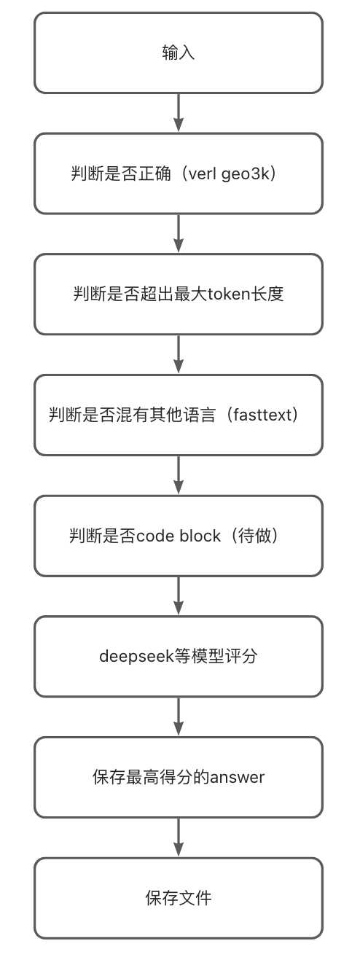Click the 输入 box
coord(179,52)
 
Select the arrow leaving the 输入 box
coord(179,112)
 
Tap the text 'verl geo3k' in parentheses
coord(229,173)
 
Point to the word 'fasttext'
coord(262,415)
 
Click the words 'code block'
coord(179,536)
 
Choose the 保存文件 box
coord(179,898)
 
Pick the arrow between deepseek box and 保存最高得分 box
coord(179,716)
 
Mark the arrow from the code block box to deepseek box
coord(179,595)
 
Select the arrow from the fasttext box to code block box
coord(179,474)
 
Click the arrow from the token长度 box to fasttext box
coord(179,354)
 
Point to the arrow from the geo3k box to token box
coord(179,233)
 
